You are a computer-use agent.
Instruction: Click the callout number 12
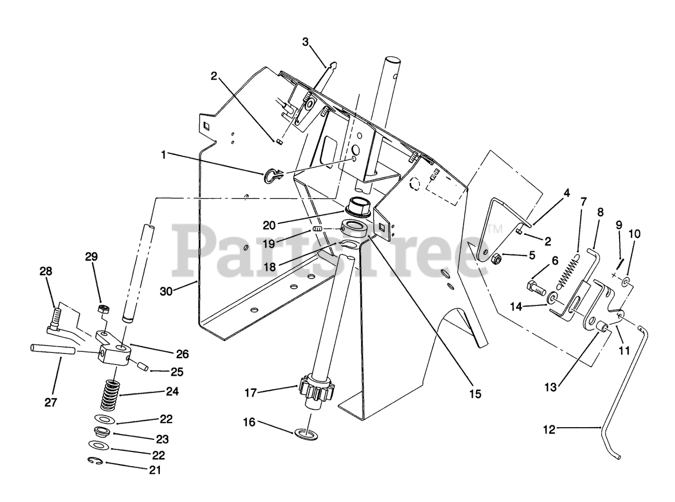tap(549, 430)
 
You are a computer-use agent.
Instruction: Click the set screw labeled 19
tap(317, 229)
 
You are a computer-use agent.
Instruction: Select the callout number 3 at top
tap(305, 43)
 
